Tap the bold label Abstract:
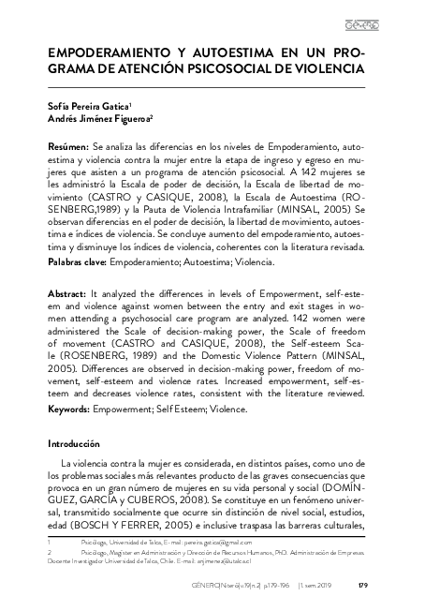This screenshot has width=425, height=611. click(x=69, y=294)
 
